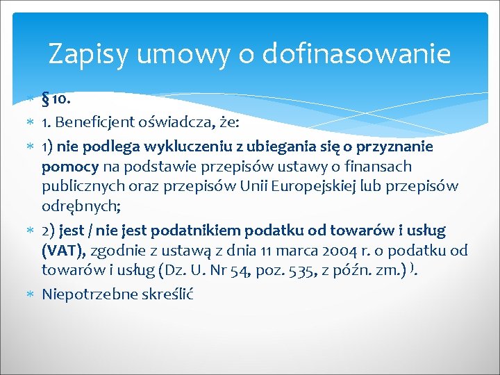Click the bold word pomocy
coord(72,167)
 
